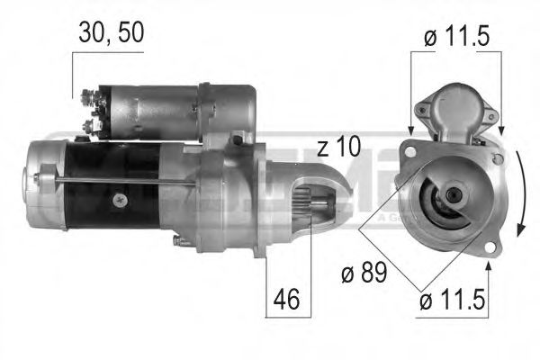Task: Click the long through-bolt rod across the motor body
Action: (126, 184)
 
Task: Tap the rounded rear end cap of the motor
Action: (40, 184)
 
